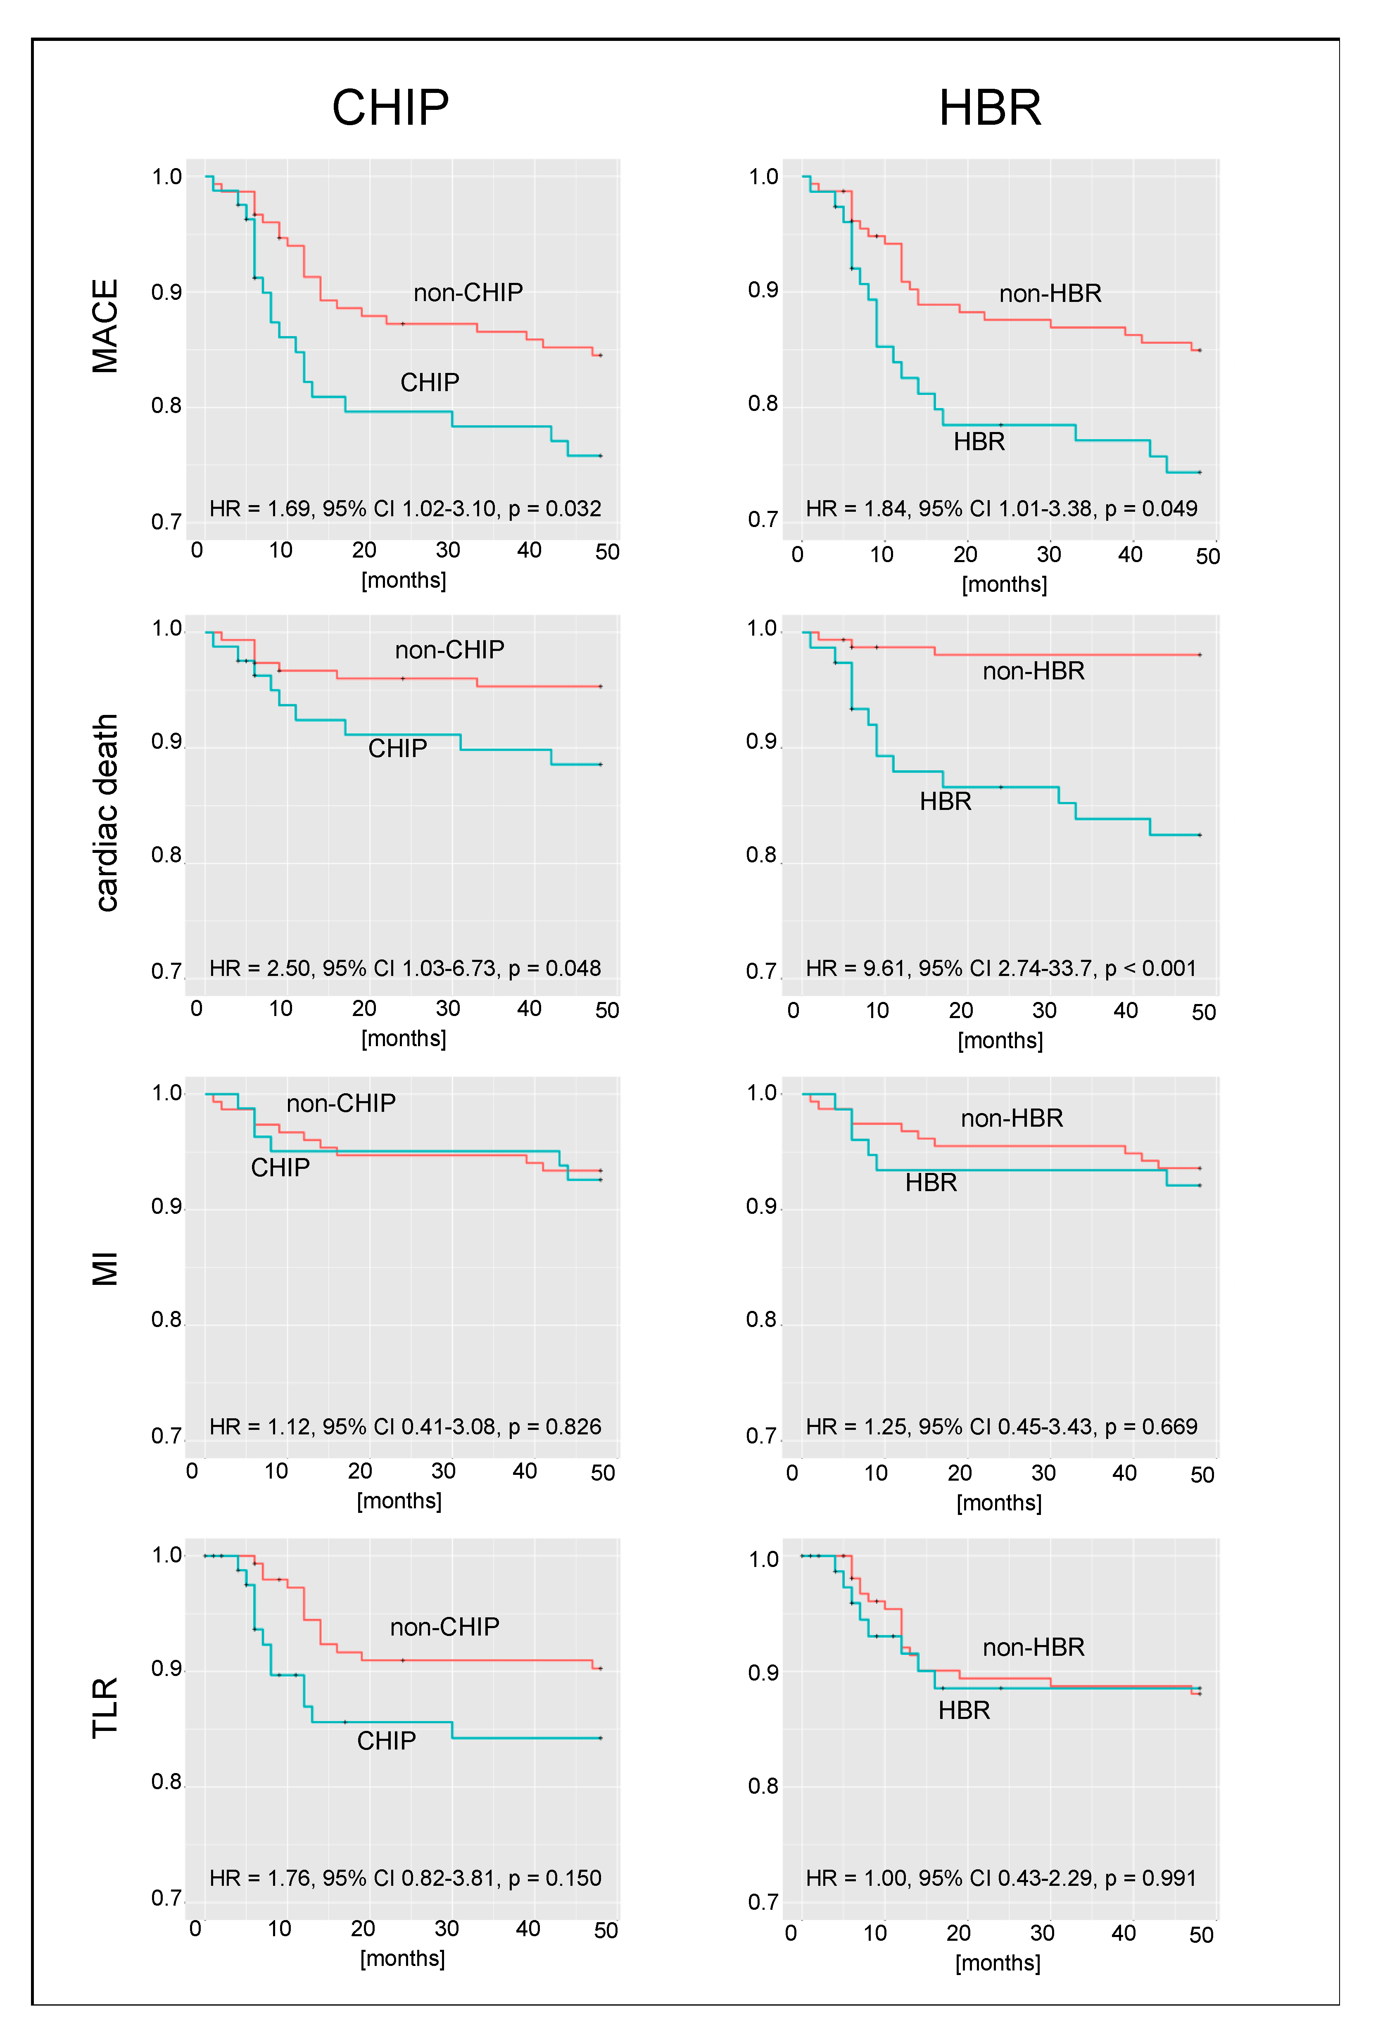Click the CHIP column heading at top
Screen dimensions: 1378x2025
pos(390,108)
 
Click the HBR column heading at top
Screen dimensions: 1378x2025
pos(990,108)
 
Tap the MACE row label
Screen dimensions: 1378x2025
pos(105,326)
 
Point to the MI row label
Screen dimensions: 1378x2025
pos(105,1269)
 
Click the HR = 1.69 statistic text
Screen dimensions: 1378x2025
pos(405,509)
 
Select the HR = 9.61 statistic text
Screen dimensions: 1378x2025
pos(1000,968)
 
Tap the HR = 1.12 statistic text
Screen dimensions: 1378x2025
pos(405,1427)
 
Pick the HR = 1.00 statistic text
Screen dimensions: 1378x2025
pos(1000,1878)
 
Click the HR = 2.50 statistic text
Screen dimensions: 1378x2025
pos(405,968)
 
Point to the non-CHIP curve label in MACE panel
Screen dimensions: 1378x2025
pos(468,293)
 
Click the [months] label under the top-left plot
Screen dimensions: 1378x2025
pos(404,580)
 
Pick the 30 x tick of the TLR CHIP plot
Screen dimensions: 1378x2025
pos(446,1928)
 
